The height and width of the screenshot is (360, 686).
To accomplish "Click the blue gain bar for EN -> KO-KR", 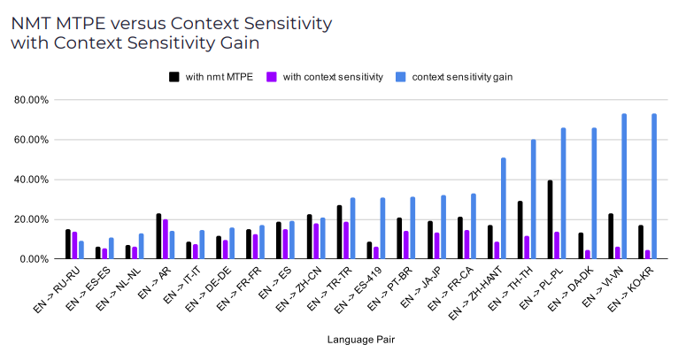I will click(654, 187).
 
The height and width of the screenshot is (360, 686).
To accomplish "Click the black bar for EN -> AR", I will click(158, 236).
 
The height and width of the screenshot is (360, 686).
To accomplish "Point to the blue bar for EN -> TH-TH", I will click(534, 199).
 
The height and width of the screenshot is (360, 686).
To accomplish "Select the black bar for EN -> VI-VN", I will click(610, 236).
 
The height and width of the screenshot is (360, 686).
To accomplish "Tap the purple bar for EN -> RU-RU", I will click(75, 246).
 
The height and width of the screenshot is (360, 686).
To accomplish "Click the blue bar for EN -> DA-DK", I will click(594, 194).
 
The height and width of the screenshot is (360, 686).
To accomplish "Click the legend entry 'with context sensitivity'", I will click(332, 77).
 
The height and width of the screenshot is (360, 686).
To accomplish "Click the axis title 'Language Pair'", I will click(362, 339).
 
